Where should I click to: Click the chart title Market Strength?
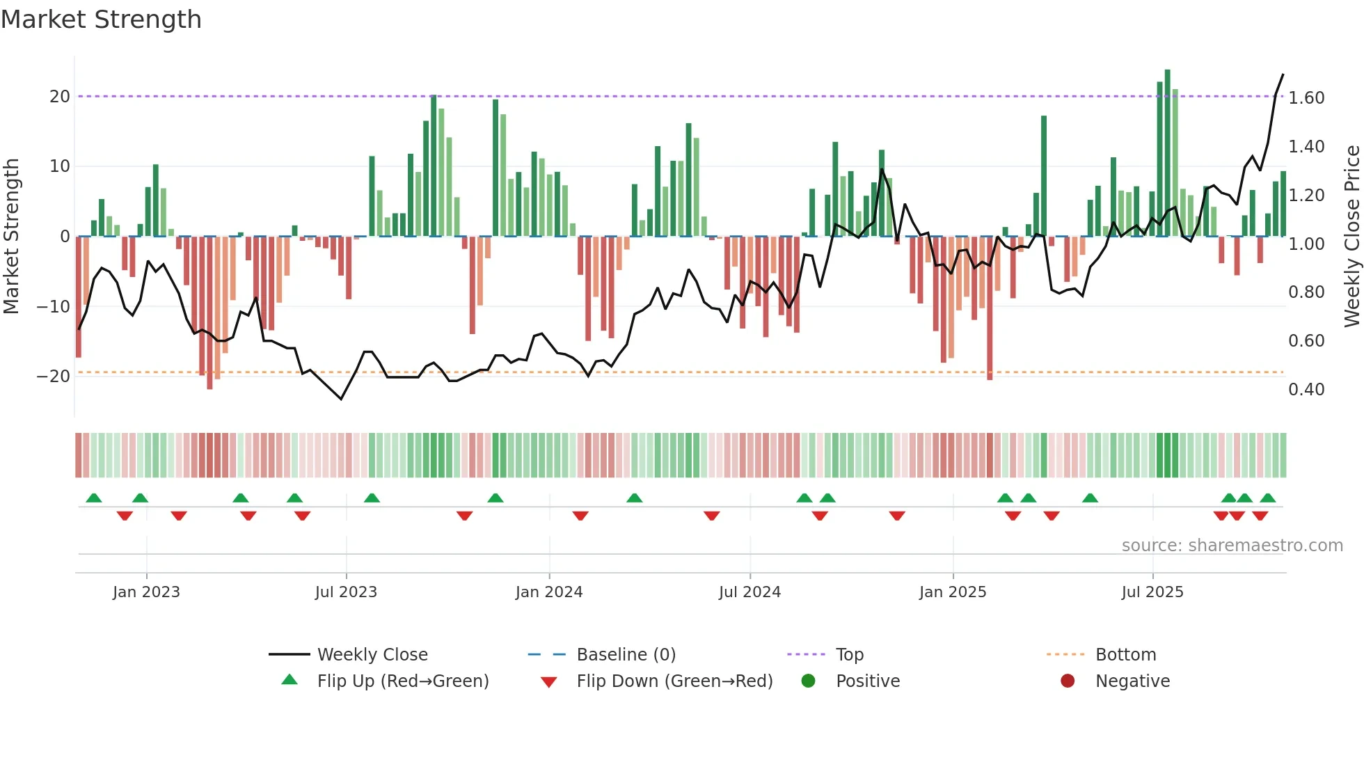pyautogui.click(x=102, y=19)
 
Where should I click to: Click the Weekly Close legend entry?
pyautogui.click(x=372, y=655)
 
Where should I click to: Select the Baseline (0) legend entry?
pyautogui.click(x=626, y=655)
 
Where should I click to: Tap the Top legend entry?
pyautogui.click(x=849, y=655)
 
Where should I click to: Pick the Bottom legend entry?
pyautogui.click(x=1125, y=655)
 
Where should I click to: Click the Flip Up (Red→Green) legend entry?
pyautogui.click(x=402, y=681)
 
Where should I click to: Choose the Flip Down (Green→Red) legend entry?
pyautogui.click(x=674, y=681)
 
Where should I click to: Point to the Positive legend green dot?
pyautogui.click(x=808, y=681)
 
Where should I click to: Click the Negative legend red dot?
pyautogui.click(x=1068, y=681)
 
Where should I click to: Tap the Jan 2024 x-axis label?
pyautogui.click(x=549, y=592)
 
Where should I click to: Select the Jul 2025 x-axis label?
pyautogui.click(x=1152, y=592)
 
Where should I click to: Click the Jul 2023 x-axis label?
pyautogui.click(x=346, y=592)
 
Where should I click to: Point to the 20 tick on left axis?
pyautogui.click(x=60, y=97)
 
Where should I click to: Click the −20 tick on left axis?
pyautogui.click(x=54, y=377)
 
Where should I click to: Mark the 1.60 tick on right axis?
pyautogui.click(x=1306, y=98)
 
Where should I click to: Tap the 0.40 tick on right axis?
pyautogui.click(x=1306, y=390)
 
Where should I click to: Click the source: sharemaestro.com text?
pyautogui.click(x=1232, y=546)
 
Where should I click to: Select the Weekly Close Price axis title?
pyautogui.click(x=1351, y=236)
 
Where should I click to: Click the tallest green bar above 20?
pyautogui.click(x=1167, y=153)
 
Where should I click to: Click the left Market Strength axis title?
pyautogui.click(x=12, y=236)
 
